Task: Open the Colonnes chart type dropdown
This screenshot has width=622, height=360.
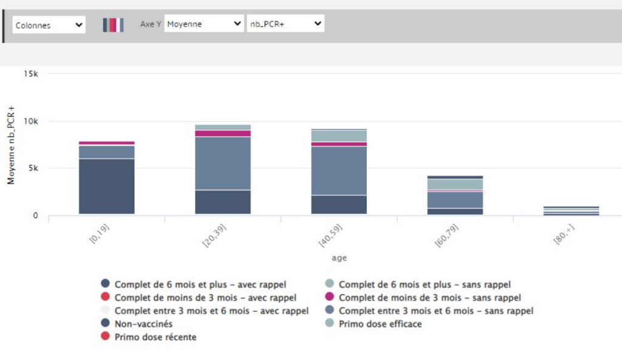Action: coord(49,25)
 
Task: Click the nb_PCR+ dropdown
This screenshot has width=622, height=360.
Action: coord(285,24)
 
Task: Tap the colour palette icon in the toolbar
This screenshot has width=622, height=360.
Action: coord(113,25)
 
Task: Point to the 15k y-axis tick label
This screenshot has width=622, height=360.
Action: coord(31,73)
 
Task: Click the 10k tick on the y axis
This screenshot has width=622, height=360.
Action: coord(31,121)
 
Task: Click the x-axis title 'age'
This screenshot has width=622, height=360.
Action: coord(340,257)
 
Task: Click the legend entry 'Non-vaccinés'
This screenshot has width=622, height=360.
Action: coord(143,324)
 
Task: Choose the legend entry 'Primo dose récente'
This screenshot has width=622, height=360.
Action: coord(155,337)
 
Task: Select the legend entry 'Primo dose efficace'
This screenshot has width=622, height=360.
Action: coord(380,324)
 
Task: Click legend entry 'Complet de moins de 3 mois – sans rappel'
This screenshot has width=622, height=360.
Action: coord(429,297)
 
